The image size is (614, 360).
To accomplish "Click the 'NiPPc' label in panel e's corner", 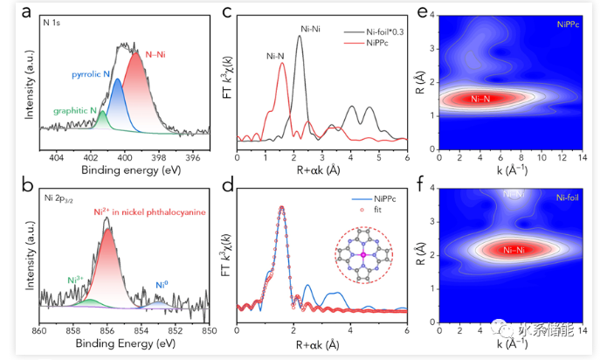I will (x=570, y=27).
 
